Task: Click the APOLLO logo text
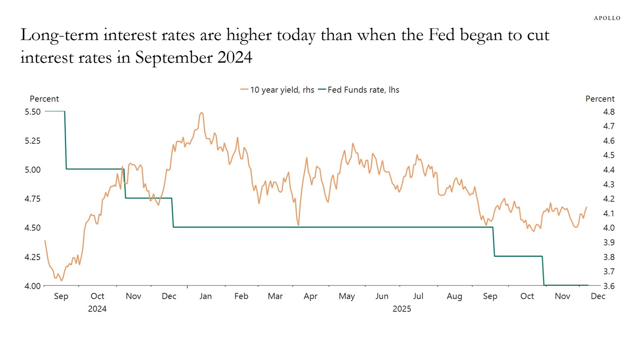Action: [607, 18]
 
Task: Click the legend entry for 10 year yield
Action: [277, 90]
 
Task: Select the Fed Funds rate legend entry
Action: [358, 90]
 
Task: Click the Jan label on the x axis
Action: [205, 296]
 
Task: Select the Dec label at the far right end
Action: [598, 296]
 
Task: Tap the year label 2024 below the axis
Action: [97, 309]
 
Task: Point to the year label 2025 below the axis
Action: [402, 309]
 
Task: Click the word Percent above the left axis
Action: [45, 99]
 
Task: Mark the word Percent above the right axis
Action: [600, 99]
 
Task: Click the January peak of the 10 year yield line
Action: [201, 112]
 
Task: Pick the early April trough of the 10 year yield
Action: [298, 225]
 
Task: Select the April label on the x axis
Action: [310, 296]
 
